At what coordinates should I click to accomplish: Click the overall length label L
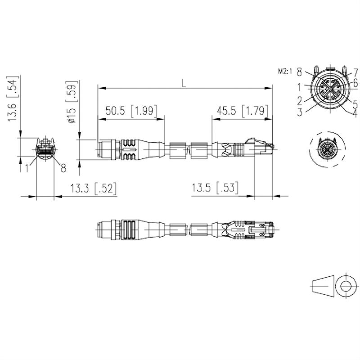(183, 82)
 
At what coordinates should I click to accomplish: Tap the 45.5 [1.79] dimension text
(242, 111)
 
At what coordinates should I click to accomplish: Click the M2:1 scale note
(285, 71)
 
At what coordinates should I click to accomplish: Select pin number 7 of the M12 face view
(355, 72)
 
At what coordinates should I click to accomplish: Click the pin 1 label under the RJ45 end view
(28, 168)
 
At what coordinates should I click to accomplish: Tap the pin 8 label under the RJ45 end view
(63, 168)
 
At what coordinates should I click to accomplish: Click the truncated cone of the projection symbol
(323, 286)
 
